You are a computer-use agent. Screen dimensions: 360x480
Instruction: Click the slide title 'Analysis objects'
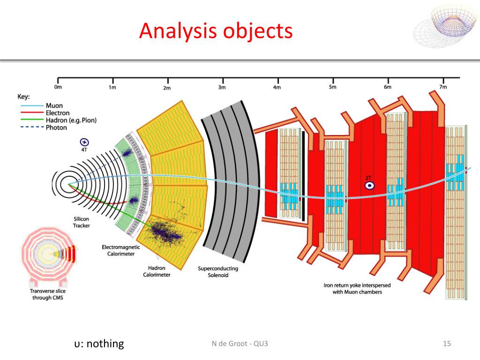pyautogui.click(x=216, y=31)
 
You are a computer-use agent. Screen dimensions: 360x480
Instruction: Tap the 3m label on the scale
pyautogui.click(x=222, y=87)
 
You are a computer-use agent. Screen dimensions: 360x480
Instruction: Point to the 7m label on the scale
pyautogui.click(x=442, y=87)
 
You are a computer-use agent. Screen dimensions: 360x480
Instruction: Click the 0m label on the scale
pyautogui.click(x=58, y=87)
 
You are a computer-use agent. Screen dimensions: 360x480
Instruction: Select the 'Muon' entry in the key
pyautogui.click(x=54, y=105)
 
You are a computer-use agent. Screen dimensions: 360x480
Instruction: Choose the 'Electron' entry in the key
pyautogui.click(x=57, y=112)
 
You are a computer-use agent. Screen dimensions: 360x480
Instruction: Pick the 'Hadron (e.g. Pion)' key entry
pyautogui.click(x=71, y=120)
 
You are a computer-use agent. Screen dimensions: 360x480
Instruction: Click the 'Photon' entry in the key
pyautogui.click(x=56, y=127)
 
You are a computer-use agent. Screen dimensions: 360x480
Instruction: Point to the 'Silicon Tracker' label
pyautogui.click(x=81, y=222)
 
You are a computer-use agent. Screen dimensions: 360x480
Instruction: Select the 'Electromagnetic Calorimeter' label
pyautogui.click(x=118, y=250)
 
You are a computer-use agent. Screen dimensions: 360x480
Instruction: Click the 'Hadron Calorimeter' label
pyautogui.click(x=157, y=271)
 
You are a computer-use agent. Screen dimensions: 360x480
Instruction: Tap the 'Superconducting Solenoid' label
pyautogui.click(x=218, y=272)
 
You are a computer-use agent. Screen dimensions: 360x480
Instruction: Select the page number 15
pyautogui.click(x=446, y=344)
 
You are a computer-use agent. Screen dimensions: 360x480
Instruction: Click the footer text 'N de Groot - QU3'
pyautogui.click(x=240, y=344)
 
